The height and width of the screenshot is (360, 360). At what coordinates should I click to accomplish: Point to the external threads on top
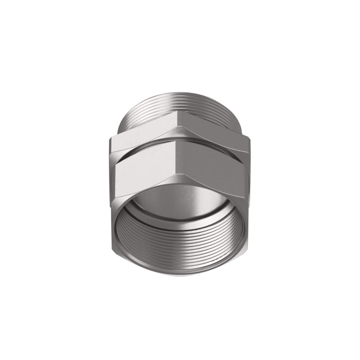tap(180, 101)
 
